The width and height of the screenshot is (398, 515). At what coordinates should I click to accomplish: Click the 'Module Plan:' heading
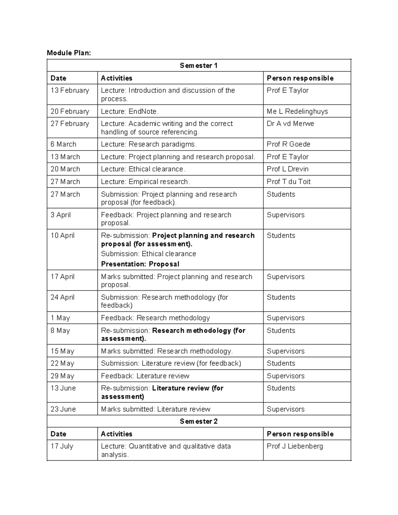pyautogui.click(x=69, y=53)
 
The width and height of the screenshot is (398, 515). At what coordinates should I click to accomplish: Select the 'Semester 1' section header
pyautogui.click(x=199, y=65)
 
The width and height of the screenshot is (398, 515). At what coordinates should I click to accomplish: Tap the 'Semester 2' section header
pyautogui.click(x=199, y=421)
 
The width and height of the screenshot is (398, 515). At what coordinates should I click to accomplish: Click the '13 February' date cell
pyautogui.click(x=70, y=90)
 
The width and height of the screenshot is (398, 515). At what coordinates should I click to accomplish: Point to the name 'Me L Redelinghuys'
pyautogui.click(x=297, y=111)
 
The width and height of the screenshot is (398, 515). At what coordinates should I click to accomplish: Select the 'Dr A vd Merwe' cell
pyautogui.click(x=290, y=123)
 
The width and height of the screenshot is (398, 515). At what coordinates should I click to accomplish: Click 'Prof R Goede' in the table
pyautogui.click(x=288, y=144)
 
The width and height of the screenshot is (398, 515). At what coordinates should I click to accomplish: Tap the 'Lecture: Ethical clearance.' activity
pyautogui.click(x=143, y=169)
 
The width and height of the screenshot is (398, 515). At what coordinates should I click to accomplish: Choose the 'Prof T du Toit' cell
pyautogui.click(x=289, y=181)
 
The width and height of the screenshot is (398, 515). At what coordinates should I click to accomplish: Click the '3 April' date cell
pyautogui.click(x=60, y=215)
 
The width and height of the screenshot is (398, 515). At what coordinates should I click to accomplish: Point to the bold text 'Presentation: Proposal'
pyautogui.click(x=140, y=264)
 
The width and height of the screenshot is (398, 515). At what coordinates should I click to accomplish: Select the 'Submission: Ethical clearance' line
pyautogui.click(x=148, y=254)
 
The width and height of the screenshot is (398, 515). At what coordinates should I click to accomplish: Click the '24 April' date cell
pyautogui.click(x=62, y=297)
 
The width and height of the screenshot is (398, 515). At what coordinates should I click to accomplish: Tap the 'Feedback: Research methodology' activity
pyautogui.click(x=155, y=318)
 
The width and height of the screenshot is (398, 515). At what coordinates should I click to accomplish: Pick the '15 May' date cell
pyautogui.click(x=62, y=351)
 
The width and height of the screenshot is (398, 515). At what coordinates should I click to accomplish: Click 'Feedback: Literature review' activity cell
pyautogui.click(x=145, y=376)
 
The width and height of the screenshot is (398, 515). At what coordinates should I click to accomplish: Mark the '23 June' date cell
pyautogui.click(x=63, y=409)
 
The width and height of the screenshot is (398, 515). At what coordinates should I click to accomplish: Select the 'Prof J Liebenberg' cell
pyautogui.click(x=295, y=446)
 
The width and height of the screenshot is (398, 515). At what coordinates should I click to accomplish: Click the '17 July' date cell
pyautogui.click(x=62, y=446)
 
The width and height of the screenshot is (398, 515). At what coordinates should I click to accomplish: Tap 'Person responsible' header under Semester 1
pyautogui.click(x=300, y=78)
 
